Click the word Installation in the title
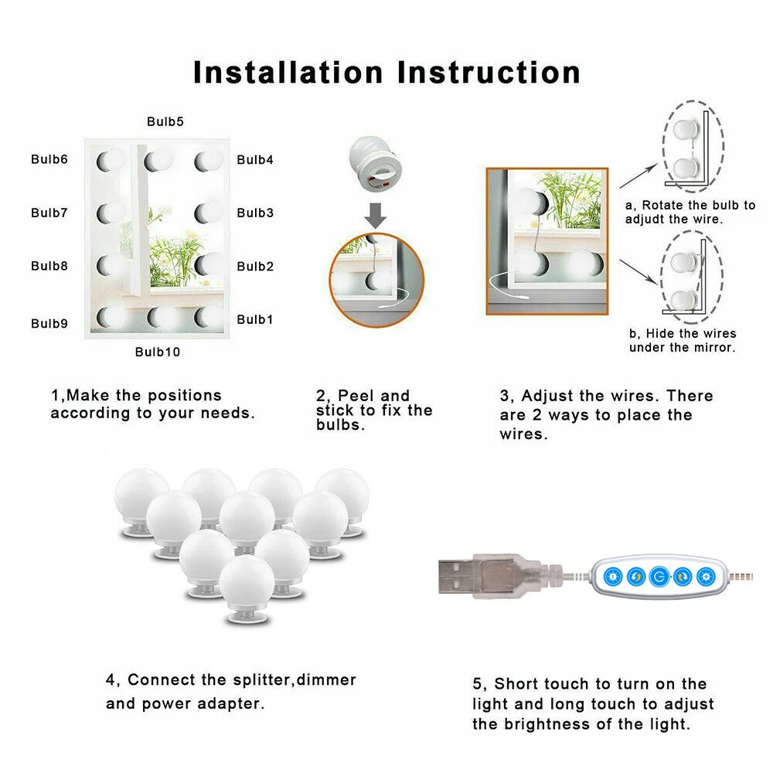[x=288, y=73]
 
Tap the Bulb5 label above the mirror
[x=165, y=121]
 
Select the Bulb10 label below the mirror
[x=158, y=352]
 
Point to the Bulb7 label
[x=49, y=213]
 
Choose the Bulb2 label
[x=255, y=266]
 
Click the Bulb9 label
[x=49, y=323]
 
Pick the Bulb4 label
[x=255, y=160]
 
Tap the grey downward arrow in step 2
[x=375, y=216]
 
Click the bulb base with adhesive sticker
[x=376, y=163]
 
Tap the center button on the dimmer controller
[x=659, y=577]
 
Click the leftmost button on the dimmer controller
[x=613, y=577]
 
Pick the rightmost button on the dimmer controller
[x=706, y=577]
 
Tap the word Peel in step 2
[x=356, y=395]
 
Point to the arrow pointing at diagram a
[x=638, y=176]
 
